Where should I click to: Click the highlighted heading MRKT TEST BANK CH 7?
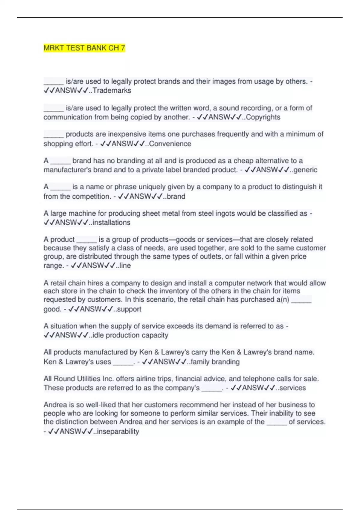[84, 48]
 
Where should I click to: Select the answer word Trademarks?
[112, 90]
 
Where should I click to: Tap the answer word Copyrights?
[263, 117]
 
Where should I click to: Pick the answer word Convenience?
[170, 144]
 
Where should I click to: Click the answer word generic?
[305, 170]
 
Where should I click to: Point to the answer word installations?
[111, 223]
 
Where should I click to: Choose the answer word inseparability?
[118, 431]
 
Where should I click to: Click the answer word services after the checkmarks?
[292, 388]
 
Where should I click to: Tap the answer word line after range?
[125, 265]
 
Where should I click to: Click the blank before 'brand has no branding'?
[60, 161]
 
